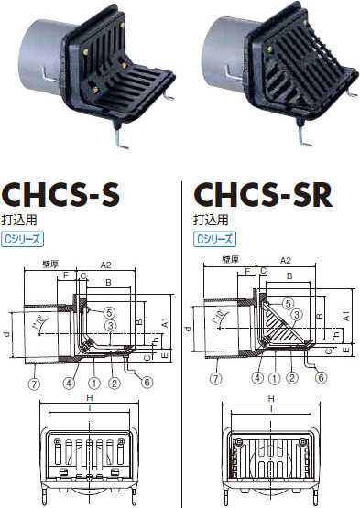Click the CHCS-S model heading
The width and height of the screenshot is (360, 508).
coord(63,195)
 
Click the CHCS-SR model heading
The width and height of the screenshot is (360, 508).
coord(262,195)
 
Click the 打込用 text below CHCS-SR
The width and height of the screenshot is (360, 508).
coord(208,221)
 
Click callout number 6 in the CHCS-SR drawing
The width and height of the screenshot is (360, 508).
coord(322,375)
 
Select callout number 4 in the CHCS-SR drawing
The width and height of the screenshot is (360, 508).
coord(258,375)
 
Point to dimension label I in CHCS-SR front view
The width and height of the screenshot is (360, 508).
coord(271,411)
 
